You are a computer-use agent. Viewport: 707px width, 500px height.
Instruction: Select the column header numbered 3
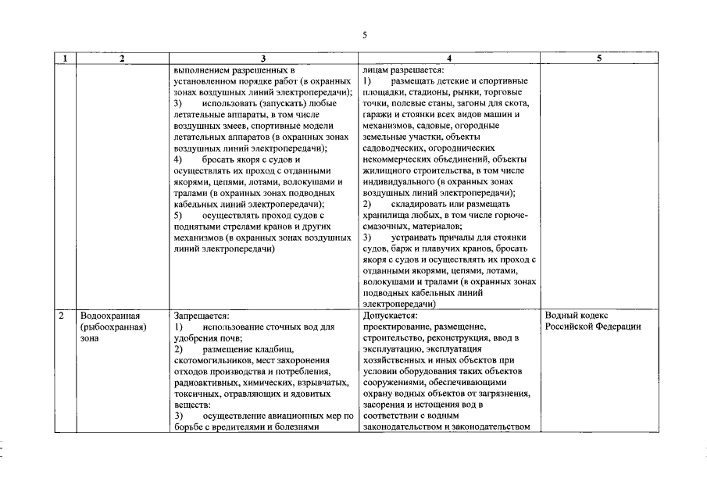click(263, 59)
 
